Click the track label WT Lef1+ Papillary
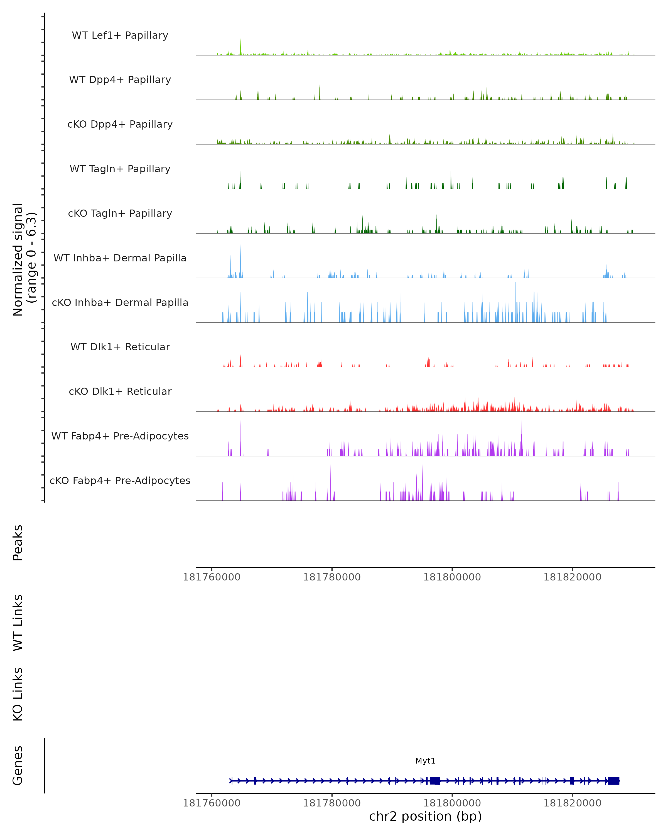(120, 36)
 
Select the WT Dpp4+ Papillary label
(120, 80)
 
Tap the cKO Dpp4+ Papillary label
(120, 125)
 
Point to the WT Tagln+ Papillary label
(120, 169)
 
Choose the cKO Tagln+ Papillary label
(120, 214)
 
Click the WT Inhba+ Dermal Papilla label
(120, 258)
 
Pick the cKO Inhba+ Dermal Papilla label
(120, 303)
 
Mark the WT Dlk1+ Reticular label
(120, 347)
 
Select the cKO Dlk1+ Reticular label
(120, 392)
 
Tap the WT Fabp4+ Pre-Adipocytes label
(120, 436)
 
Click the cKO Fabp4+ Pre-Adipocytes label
(120, 481)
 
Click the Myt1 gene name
(425, 761)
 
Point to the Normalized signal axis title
(24, 259)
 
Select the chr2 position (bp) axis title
(425, 816)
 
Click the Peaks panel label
(18, 543)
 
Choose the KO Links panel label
(18, 694)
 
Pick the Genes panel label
(18, 765)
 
